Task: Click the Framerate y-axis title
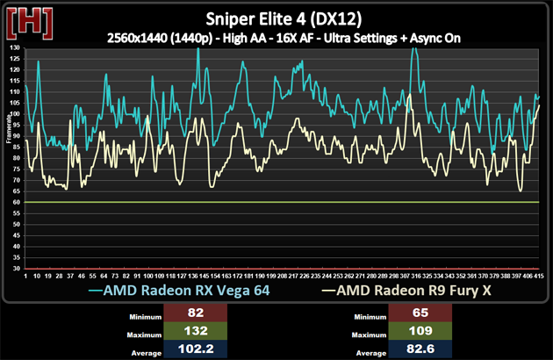point(6,157)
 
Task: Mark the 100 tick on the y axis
point(15,113)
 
